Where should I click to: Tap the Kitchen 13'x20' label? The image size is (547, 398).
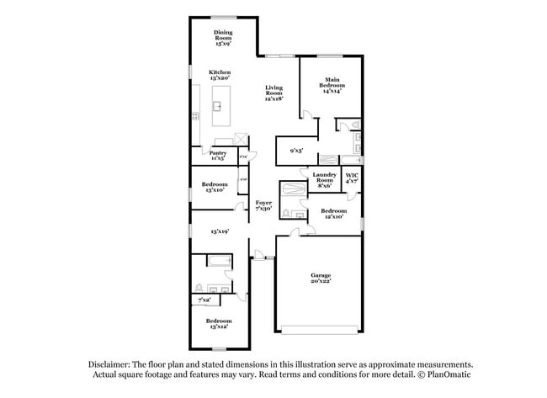click(x=220, y=76)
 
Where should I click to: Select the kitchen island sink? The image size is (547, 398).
click(x=217, y=106)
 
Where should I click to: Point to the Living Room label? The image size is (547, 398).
click(x=274, y=93)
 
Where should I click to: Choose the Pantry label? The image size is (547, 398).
click(x=217, y=156)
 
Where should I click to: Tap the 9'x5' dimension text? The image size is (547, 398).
click(x=296, y=151)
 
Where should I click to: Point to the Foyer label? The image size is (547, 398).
click(x=263, y=205)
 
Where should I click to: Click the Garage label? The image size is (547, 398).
click(x=320, y=278)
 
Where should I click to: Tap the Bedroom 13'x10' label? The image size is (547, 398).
click(x=215, y=187)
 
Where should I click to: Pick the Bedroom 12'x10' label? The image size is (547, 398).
click(x=333, y=213)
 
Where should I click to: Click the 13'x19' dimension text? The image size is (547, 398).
click(x=220, y=231)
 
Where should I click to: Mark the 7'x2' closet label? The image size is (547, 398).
click(x=204, y=300)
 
